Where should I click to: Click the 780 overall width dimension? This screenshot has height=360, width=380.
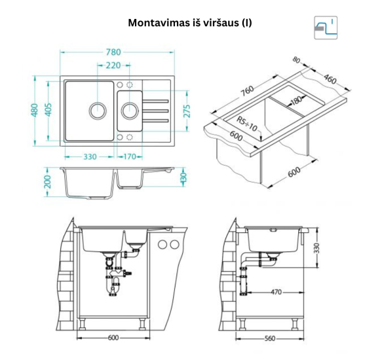tap(113, 52)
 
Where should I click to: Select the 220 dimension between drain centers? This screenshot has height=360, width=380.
tap(113, 65)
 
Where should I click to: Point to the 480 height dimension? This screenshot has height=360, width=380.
tap(35, 110)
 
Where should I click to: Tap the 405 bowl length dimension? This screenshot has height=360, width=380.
tap(48, 110)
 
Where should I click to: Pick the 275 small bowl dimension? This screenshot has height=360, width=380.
tap(187, 111)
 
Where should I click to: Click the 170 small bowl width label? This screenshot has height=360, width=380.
tap(130, 156)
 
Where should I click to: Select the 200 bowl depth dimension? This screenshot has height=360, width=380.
tap(48, 181)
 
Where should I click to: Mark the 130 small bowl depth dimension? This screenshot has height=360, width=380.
tap(183, 177)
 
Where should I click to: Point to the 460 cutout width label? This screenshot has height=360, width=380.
tap(330, 79)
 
